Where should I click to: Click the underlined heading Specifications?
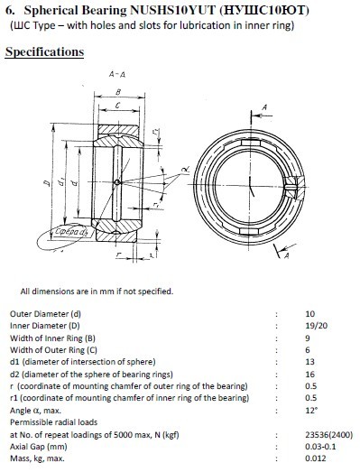[x=44, y=51]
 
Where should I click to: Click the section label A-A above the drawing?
[x=116, y=74]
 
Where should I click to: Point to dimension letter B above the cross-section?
[x=118, y=92]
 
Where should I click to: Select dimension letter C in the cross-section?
[x=117, y=106]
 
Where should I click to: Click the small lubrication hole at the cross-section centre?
[x=117, y=182]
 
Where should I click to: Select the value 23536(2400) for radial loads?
[x=328, y=435]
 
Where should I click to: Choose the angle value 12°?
[x=311, y=410]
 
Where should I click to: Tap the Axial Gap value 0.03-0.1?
[x=320, y=447]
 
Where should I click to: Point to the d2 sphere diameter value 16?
[x=309, y=375]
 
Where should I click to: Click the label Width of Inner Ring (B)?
[x=52, y=338]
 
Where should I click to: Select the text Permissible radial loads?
[x=53, y=422]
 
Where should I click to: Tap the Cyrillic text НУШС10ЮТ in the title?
[x=264, y=11]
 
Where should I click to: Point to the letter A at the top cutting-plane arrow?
[x=264, y=107]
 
